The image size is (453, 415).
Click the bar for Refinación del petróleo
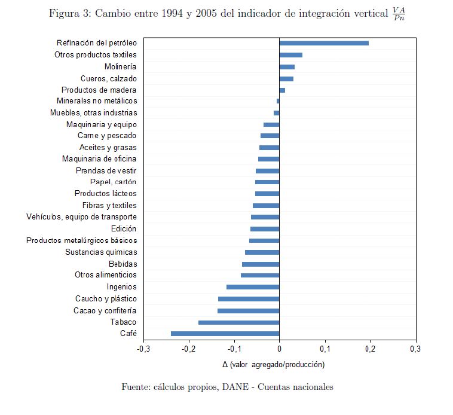pyautogui.click(x=323, y=43)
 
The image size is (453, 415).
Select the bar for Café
pyautogui.click(x=225, y=334)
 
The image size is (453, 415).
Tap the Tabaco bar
pyautogui.click(x=238, y=322)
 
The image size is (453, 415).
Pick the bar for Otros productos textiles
pyautogui.click(x=290, y=55)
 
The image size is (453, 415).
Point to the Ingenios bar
pyautogui.click(x=252, y=287)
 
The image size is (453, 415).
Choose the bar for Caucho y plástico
pyautogui.click(x=248, y=299)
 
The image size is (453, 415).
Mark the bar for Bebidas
pyautogui.click(x=260, y=264)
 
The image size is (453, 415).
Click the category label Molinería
pyautogui.click(x=120, y=66)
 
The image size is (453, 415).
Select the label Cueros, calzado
pyautogui.click(x=108, y=78)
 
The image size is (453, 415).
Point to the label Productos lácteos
pyautogui.click(x=105, y=194)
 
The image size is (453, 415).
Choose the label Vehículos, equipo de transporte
pyautogui.click(x=81, y=217)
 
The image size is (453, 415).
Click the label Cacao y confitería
pyautogui.click(x=105, y=311)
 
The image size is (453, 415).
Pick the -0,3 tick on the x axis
pyautogui.click(x=143, y=349)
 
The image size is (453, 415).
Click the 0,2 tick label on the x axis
pyautogui.click(x=370, y=349)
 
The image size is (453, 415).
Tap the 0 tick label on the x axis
pyautogui.click(x=279, y=349)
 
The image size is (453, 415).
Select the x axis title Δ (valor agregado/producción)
pyautogui.click(x=273, y=364)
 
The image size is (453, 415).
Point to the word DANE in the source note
pyautogui.click(x=237, y=387)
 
